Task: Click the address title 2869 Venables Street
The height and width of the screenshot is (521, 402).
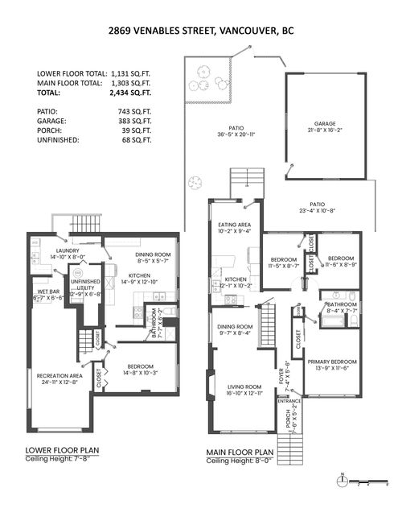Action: (x=200, y=31)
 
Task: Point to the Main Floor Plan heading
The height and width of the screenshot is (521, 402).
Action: (x=240, y=452)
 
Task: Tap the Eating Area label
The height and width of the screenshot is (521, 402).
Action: (x=234, y=225)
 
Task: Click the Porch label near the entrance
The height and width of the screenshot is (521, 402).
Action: (x=288, y=418)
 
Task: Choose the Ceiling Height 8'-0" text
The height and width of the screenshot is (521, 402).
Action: (x=240, y=461)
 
